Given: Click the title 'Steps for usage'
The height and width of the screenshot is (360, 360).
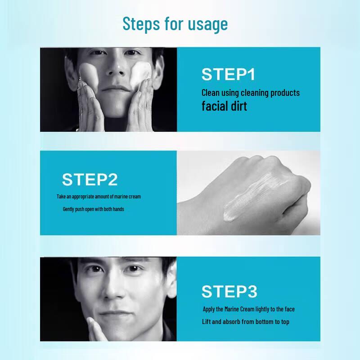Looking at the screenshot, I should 175,23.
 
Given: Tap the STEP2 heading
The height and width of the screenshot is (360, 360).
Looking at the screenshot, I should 90,179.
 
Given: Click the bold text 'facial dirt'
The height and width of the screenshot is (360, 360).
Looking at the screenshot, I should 224,107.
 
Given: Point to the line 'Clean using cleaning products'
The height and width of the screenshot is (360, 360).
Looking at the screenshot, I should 250,93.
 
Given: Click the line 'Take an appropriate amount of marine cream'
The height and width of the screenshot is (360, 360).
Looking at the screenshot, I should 102,197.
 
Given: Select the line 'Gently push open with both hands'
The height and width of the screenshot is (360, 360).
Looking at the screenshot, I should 93,209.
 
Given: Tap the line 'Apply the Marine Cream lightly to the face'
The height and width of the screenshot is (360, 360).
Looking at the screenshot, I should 248,309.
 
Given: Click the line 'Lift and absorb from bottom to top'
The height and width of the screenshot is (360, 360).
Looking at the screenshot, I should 245,322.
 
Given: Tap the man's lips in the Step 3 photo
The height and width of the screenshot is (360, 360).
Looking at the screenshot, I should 112,313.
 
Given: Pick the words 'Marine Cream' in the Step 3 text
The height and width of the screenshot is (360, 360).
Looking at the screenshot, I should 247,309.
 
